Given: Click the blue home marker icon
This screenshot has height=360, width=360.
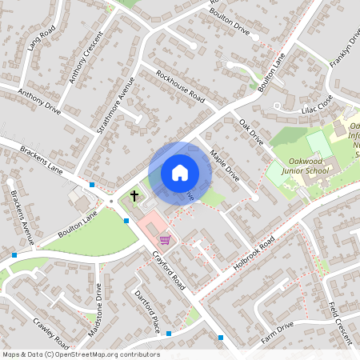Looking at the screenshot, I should click(180, 173).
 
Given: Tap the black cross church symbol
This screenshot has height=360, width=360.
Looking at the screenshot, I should click(134, 195).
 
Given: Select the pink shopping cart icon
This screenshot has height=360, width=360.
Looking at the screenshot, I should click(165, 239).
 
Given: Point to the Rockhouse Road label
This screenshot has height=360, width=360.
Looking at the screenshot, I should click(181, 87).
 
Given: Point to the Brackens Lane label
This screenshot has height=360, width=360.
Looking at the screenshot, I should click(42, 159).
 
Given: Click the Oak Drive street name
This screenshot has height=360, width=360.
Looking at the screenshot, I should click(251, 132).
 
